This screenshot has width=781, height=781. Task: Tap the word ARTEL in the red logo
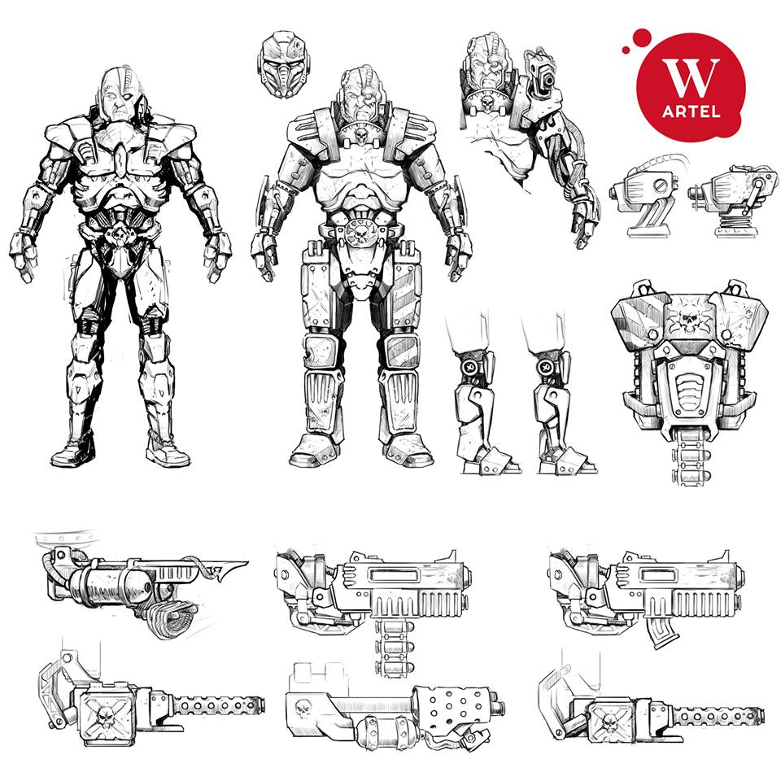coord(692,111)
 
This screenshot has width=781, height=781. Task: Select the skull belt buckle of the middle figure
coord(361,232)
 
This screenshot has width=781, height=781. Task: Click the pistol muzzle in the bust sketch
coord(548,80)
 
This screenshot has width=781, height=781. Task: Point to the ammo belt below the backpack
coord(690,456)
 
